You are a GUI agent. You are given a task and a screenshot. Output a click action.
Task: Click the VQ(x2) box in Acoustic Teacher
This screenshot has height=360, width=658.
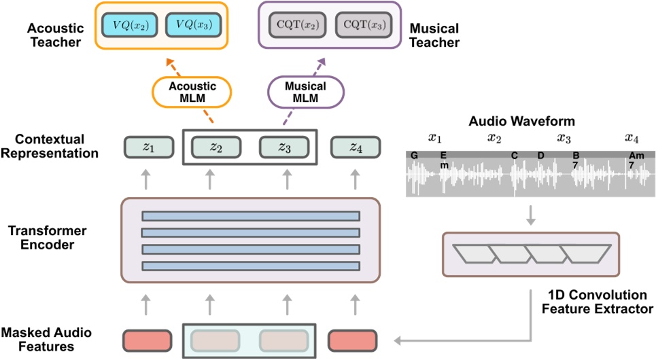pyautogui.click(x=130, y=25)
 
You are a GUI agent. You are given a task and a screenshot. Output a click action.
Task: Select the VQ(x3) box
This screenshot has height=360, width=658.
pyautogui.click(x=194, y=25)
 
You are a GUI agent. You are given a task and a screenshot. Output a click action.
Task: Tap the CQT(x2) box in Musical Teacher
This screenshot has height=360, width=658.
pyautogui.click(x=298, y=25)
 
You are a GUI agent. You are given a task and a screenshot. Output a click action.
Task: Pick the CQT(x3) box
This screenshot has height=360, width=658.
pyautogui.click(x=364, y=25)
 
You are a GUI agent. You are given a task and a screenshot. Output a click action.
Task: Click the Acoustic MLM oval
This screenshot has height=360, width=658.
pyautogui.click(x=192, y=92)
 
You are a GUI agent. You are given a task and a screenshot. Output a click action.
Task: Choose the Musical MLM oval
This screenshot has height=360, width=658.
pyautogui.click(x=305, y=92)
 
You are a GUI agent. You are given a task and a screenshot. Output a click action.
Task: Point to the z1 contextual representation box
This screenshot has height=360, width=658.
pyautogui.click(x=149, y=147)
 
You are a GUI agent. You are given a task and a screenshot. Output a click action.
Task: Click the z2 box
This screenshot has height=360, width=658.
pyautogui.click(x=216, y=147)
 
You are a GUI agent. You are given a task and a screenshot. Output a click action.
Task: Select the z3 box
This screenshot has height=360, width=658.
pyautogui.click(x=284, y=147)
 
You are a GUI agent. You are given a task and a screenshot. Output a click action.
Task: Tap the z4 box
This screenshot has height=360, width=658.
pyautogui.click(x=356, y=147)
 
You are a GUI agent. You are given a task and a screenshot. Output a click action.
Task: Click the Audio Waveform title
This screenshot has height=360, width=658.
pyautogui.click(x=521, y=122)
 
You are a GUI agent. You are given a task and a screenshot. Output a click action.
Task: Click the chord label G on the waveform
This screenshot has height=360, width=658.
pyautogui.click(x=414, y=156)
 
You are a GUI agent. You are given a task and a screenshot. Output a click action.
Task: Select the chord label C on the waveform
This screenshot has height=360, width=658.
pyautogui.click(x=515, y=156)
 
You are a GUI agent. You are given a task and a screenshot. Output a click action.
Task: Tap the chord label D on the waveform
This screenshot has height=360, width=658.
pyautogui.click(x=541, y=156)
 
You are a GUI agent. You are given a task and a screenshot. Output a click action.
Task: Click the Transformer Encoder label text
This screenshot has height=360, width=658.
pyautogui.click(x=48, y=238)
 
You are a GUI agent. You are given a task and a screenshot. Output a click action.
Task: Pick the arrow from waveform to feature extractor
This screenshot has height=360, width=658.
pyautogui.click(x=531, y=215)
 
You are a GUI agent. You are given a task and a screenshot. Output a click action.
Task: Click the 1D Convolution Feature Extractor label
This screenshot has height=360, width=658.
pyautogui.click(x=597, y=302)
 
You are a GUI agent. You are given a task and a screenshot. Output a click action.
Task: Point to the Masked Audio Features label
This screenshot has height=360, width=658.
pyautogui.click(x=46, y=340)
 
